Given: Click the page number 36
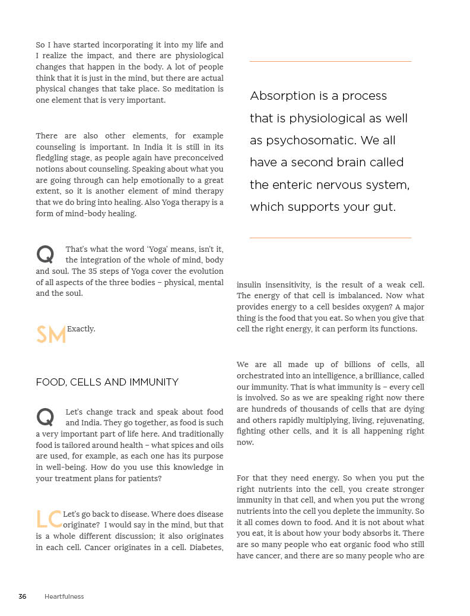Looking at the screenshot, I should point(23,596).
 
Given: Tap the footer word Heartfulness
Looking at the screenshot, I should point(64,596).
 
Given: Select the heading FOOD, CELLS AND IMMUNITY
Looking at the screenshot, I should point(107,382).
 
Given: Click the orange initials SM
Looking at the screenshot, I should point(51,336).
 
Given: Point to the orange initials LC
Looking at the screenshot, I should point(49,520).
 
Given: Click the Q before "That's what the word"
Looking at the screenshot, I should point(45,255).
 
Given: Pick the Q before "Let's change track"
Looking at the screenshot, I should point(45,417).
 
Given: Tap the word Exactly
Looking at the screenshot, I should point(81,328).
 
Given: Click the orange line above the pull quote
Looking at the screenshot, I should point(330,61).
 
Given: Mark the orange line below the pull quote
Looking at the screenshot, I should point(330,238).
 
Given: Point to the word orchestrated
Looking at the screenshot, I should point(259,376).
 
